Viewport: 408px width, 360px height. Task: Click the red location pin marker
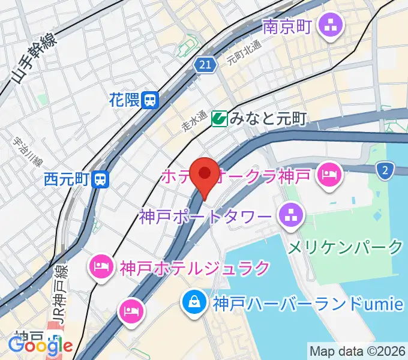point(205,175)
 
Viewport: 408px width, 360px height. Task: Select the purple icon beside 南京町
point(329,26)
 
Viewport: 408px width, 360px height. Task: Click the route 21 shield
point(205,64)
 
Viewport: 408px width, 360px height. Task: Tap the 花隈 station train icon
point(151,100)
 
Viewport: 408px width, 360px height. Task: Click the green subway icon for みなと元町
point(219,119)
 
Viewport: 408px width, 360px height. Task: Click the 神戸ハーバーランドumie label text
point(306,304)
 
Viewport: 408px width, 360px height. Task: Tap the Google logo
point(40,346)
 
